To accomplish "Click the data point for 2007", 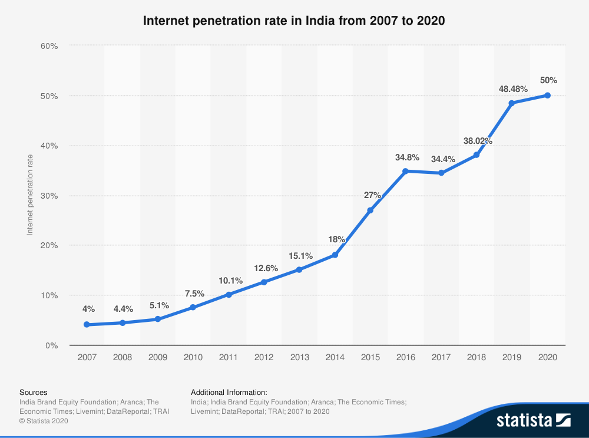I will (x=87, y=325).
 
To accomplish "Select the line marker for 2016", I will (x=405, y=171).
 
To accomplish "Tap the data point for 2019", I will (x=512, y=103).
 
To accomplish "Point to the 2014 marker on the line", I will (x=335, y=255).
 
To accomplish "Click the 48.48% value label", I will (x=512, y=89).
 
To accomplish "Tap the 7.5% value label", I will (x=194, y=294).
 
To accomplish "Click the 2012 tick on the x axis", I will (x=264, y=357).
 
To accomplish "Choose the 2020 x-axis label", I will (x=547, y=357).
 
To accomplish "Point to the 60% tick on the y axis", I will (x=49, y=45).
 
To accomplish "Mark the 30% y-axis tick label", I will (x=49, y=196).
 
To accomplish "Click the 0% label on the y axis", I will (x=51, y=345).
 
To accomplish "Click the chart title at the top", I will (x=294, y=21).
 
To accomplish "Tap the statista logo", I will (x=534, y=420).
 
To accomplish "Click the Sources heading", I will (x=34, y=392).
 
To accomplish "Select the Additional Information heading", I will (x=229, y=392).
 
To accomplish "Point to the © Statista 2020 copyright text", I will (x=44, y=421).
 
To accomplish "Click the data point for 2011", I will (x=229, y=294).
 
